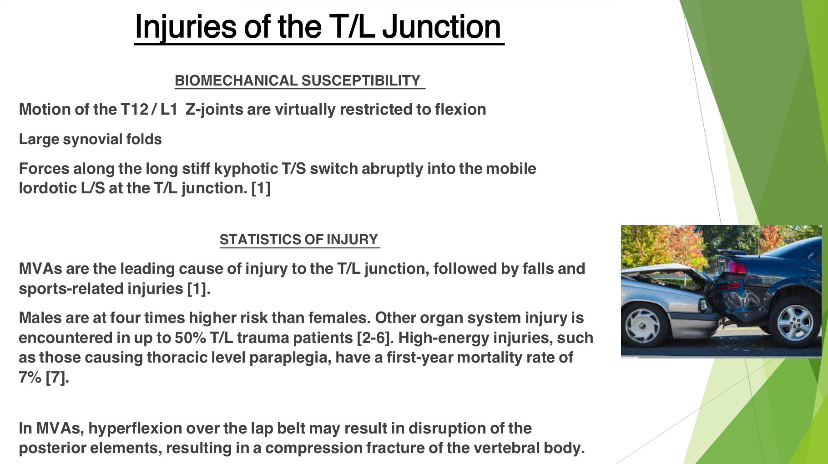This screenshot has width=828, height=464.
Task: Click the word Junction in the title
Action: click(x=441, y=27)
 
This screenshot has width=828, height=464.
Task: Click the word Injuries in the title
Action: click(x=186, y=27)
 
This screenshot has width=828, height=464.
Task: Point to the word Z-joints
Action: click(x=214, y=110)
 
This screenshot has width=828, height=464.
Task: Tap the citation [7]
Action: click(x=57, y=377)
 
